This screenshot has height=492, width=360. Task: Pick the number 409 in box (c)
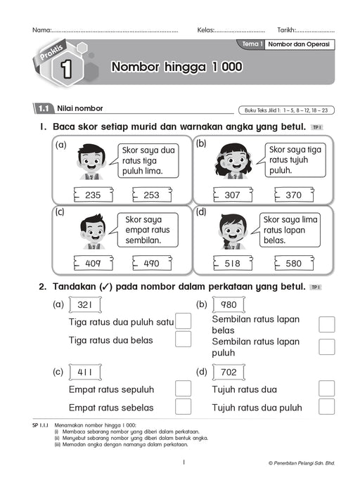pos(94,264)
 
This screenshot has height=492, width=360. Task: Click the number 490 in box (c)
pos(152,264)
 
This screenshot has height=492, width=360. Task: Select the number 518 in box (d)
pos(233,264)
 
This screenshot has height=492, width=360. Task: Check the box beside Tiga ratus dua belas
pos(183,339)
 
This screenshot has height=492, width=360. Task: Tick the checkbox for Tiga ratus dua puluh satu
pos(183,321)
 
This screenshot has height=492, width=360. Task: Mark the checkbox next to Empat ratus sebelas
pos(183,406)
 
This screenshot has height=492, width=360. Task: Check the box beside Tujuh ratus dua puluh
pos(326,406)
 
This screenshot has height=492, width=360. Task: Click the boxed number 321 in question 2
pos(86,304)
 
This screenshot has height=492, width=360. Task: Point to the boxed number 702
pos(229,372)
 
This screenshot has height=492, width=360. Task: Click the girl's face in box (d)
pos(231,229)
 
